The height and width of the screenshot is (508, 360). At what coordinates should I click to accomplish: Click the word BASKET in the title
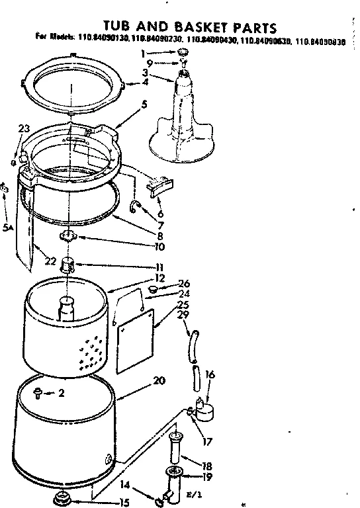[x=193, y=27]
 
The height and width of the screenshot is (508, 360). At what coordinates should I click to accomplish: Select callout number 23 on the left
[x=24, y=129]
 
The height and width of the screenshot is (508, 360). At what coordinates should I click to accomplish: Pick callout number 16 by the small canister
[x=210, y=374]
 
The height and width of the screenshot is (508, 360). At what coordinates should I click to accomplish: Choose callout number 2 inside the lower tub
[x=61, y=393]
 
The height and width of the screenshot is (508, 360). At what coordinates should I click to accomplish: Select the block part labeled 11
[x=67, y=266]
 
